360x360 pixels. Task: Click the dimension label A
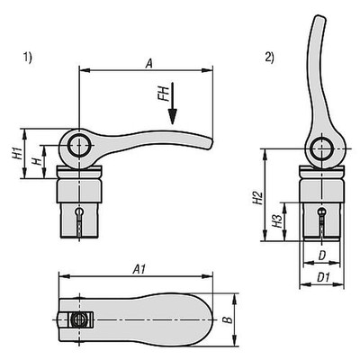[147, 61]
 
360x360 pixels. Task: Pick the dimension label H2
[256, 195]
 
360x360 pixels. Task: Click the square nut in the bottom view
[80, 318]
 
